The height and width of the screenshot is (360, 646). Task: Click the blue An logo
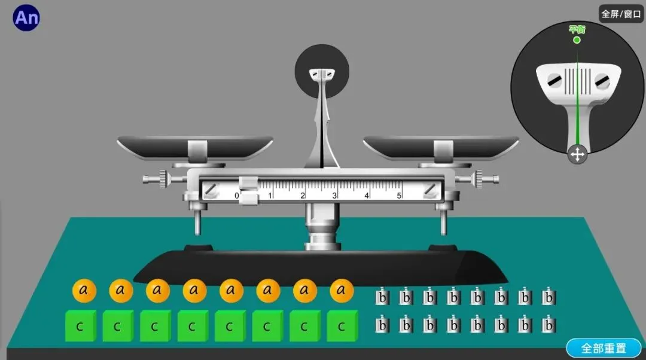[26, 18]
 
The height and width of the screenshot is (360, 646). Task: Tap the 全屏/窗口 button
[621, 14]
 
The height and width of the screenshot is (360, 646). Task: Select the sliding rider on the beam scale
[248, 190]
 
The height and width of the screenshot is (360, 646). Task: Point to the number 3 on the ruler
[335, 196]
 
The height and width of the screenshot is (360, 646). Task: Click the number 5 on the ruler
[399, 196]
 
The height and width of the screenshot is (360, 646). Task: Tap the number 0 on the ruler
[236, 196]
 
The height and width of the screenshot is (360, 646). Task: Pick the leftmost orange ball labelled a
[84, 291]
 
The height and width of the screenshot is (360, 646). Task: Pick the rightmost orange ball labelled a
[342, 291]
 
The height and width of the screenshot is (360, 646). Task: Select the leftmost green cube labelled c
[80, 327]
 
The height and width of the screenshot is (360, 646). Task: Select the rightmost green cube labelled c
[342, 327]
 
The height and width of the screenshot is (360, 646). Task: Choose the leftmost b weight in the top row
[382, 297]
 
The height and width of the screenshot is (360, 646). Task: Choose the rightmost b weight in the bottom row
[549, 325]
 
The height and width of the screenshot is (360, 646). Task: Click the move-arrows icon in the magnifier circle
[577, 155]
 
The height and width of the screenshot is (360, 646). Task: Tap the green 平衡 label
[577, 29]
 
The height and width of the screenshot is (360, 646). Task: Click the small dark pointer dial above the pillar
[322, 72]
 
